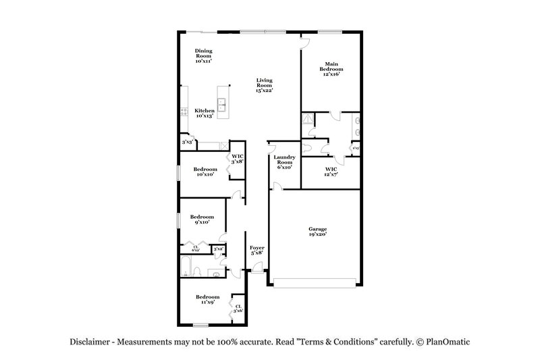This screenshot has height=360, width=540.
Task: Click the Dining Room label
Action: (x=204, y=56)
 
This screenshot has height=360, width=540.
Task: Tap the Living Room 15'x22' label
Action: (x=264, y=86)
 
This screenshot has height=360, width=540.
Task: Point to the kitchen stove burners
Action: (x=183, y=113)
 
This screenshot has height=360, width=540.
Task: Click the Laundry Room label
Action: (x=283, y=162)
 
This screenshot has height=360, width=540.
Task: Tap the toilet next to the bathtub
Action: (x=196, y=272)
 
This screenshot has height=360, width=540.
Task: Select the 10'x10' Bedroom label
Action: (x=205, y=172)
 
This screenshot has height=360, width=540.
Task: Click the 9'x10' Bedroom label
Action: (x=202, y=220)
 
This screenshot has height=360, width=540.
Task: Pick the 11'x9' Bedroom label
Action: (x=207, y=300)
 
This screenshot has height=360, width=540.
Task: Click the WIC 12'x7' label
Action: (x=331, y=172)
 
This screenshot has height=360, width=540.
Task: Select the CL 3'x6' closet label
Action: (x=238, y=309)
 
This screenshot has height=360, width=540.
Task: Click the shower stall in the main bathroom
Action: (x=308, y=120)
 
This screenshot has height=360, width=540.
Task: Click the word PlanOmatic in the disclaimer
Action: (x=446, y=342)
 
